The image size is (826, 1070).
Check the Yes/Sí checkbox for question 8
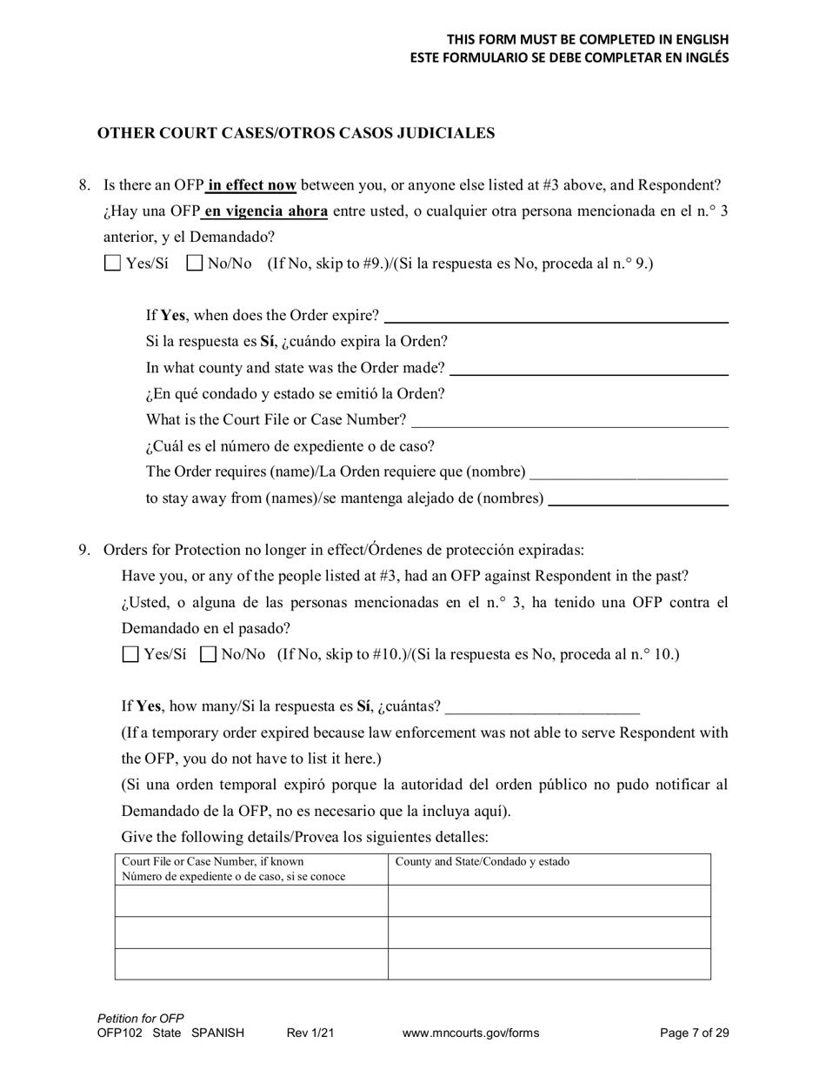click(112, 263)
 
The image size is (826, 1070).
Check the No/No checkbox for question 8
click(195, 263)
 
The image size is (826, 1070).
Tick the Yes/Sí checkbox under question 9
click(130, 654)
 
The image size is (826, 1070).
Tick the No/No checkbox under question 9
click(208, 654)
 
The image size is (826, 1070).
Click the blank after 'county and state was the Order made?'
click(590, 368)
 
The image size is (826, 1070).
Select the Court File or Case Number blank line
click(570, 420)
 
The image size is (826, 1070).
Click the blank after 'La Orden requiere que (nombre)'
click(629, 472)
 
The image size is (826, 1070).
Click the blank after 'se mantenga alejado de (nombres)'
click(639, 498)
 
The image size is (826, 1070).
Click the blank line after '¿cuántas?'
click(542, 706)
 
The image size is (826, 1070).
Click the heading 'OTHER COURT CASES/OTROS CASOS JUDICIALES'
click(296, 133)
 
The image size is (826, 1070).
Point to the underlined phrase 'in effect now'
click(252, 185)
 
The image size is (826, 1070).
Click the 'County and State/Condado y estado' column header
click(483, 862)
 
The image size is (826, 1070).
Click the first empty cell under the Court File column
click(251, 901)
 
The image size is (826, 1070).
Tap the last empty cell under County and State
click(550, 964)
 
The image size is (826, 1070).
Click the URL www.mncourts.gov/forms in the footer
click(470, 1033)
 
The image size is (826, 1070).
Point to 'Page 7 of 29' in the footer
click(694, 1033)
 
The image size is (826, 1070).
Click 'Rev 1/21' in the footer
click(310, 1033)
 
